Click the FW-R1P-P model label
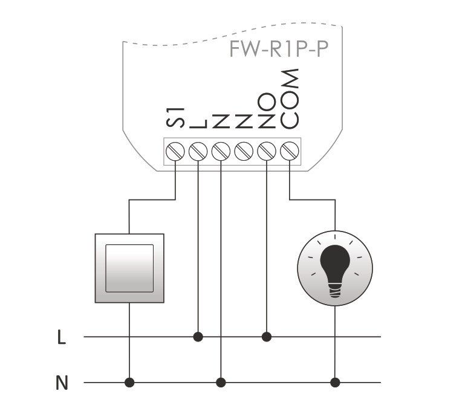(x=278, y=50)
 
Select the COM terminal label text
(x=290, y=99)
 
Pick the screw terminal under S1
(x=175, y=150)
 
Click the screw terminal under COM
(x=290, y=150)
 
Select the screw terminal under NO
(x=267, y=150)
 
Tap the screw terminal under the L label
(x=198, y=150)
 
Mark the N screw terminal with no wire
(x=244, y=150)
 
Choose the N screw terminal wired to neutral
(x=221, y=150)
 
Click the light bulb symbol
(x=334, y=267)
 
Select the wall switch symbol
(x=129, y=268)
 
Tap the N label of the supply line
(x=61, y=383)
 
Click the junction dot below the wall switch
(x=129, y=383)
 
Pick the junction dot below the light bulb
(x=335, y=383)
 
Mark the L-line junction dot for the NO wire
(x=267, y=336)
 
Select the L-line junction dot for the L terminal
(x=198, y=336)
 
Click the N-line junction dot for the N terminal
(x=221, y=383)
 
